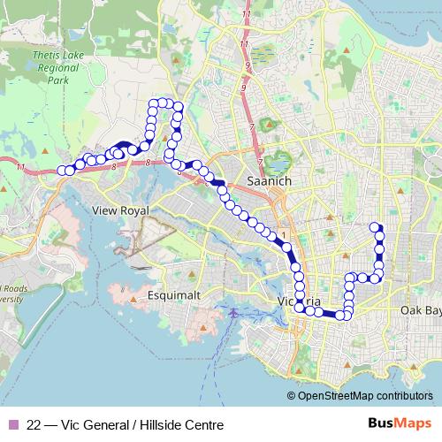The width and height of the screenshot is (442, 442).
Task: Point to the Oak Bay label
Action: [x=419, y=310]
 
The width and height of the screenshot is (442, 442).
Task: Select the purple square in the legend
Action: [x=11, y=424]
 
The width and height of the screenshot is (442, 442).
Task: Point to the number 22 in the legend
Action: [x=34, y=424]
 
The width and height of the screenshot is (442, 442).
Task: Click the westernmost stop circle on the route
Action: [x=62, y=170]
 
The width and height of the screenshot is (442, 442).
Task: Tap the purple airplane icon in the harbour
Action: [x=232, y=313]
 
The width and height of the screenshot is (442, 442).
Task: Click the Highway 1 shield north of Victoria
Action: [x=283, y=234]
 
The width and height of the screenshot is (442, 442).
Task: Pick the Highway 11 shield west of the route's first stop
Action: [x=34, y=166]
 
